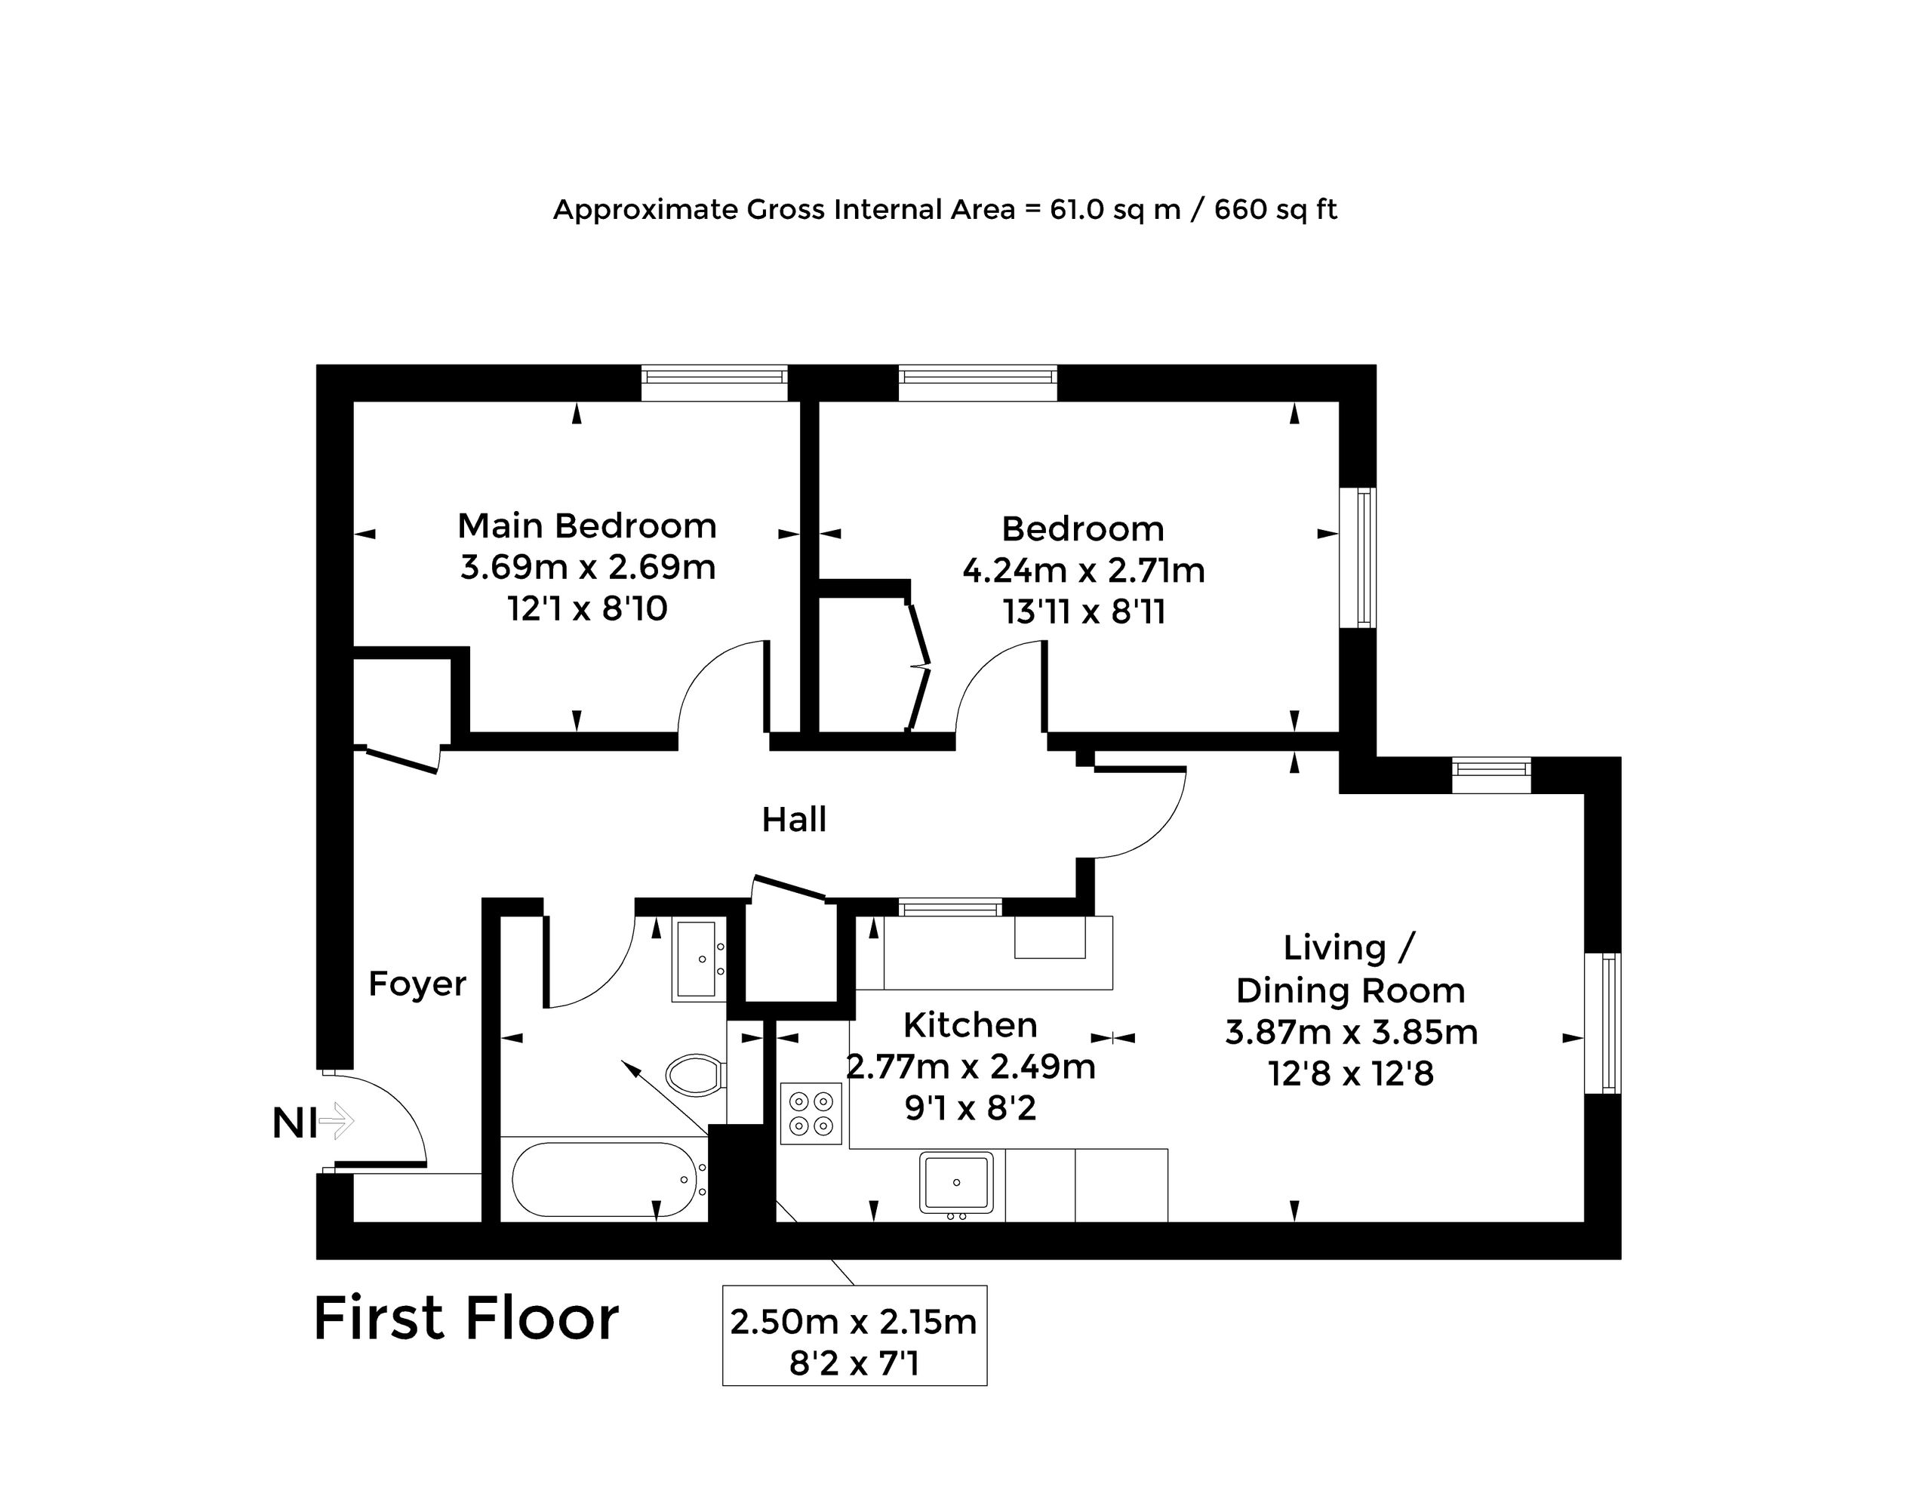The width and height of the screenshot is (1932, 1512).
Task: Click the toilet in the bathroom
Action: coord(696,1075)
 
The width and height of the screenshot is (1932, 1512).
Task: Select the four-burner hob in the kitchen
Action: coord(811,1113)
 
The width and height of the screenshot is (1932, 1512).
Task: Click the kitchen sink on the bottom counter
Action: coord(956,1182)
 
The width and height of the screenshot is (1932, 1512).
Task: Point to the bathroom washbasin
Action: coord(698,959)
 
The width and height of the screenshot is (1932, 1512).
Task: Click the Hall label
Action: coord(794,820)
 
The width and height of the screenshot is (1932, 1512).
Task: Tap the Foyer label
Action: coord(417,984)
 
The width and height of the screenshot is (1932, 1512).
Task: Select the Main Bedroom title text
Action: coord(586,526)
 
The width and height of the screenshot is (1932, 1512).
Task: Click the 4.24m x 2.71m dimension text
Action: coord(1083,570)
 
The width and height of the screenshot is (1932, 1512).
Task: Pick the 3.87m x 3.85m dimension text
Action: coord(1351,1032)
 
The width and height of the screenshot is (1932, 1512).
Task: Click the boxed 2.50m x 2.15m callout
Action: coord(854,1335)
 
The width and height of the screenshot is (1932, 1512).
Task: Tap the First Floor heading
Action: coord(466,1319)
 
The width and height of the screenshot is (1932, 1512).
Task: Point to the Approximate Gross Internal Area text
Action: coord(944,210)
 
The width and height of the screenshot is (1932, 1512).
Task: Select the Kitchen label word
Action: coord(970,1025)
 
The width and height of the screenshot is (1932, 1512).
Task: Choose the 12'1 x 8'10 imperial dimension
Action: coord(586,609)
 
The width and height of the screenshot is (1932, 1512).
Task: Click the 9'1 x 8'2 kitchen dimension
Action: coord(970,1107)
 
